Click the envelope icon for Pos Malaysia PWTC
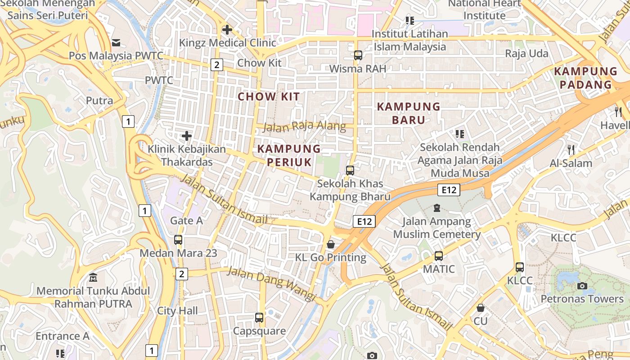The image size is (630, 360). [x=116, y=43]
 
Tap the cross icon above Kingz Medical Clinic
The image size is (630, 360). [x=227, y=30]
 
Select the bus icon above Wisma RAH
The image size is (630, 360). [x=358, y=55]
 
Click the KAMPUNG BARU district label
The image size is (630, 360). [x=408, y=113]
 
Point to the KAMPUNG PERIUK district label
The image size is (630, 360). [x=289, y=155]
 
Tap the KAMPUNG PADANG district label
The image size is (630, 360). [x=585, y=78]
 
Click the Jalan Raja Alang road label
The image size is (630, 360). [x=304, y=126]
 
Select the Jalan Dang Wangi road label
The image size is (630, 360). [x=271, y=283]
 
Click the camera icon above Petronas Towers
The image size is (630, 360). [x=582, y=286]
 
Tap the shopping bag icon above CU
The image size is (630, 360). [x=481, y=308]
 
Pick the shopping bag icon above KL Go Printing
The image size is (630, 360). [x=331, y=244]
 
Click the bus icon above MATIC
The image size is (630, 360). [x=439, y=256]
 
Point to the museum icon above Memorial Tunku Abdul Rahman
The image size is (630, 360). [x=93, y=277]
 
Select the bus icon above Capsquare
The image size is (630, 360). [x=259, y=318]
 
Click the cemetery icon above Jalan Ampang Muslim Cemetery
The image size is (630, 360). [x=436, y=208]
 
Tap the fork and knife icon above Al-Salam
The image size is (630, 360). [x=571, y=150]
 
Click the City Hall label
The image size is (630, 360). [x=177, y=310]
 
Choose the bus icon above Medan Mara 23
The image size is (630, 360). [x=178, y=240]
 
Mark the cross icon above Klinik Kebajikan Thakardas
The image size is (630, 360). [x=187, y=135]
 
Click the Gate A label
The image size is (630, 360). [x=186, y=220]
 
